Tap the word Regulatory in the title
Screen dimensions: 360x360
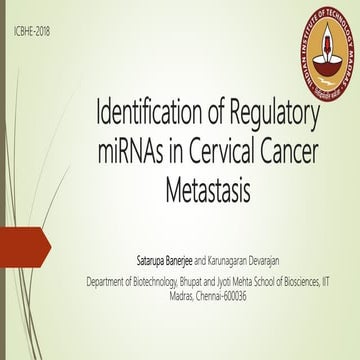pos(276,116)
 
